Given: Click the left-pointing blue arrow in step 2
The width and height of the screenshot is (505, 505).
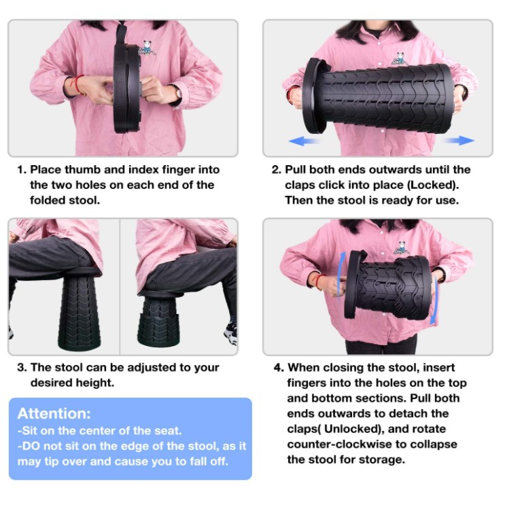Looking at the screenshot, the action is tap(303, 141).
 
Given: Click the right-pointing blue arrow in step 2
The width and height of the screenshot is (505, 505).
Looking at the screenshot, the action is tap(459, 141).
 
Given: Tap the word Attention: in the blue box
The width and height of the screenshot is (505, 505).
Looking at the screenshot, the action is tap(54, 413).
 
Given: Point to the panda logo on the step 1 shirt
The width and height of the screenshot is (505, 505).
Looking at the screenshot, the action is tap(147, 48).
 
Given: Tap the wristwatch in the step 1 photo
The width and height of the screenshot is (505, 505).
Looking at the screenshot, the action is tap(177, 93).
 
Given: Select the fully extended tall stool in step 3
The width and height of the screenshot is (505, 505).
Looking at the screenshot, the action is tap(79, 309).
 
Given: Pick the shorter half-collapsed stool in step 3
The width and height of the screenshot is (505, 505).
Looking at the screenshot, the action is tap(159, 319).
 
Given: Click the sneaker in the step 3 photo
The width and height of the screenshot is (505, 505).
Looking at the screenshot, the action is tap(231, 333).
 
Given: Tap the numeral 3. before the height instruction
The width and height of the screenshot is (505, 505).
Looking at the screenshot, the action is tap(22, 368).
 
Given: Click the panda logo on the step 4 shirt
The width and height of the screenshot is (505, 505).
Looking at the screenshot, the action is tap(402, 248).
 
